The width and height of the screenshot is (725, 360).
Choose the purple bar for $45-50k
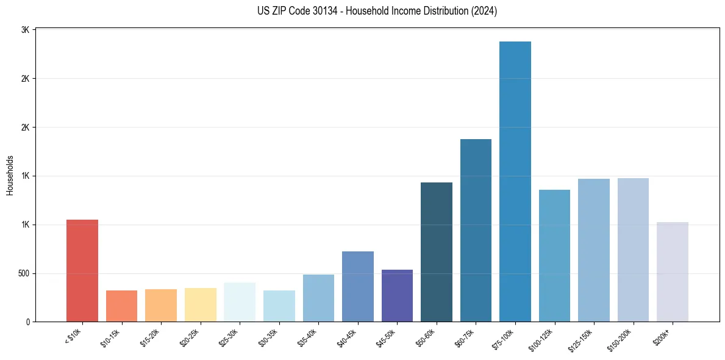point(397,295)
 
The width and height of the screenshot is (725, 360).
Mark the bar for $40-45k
point(358,286)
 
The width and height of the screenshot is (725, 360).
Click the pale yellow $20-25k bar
point(201,304)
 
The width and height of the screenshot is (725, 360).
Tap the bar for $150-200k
point(633,250)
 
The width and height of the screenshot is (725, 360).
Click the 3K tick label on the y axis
point(26,30)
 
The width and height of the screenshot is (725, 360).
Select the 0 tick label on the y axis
point(27,322)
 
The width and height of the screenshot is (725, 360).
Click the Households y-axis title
point(10,175)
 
